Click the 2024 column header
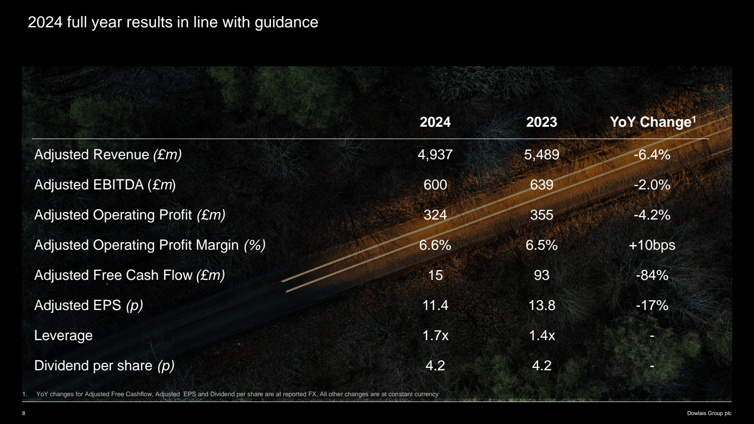point(435,122)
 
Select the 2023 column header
point(541,122)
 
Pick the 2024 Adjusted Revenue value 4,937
point(435,155)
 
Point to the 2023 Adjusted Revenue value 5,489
point(541,155)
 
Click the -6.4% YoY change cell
point(652,155)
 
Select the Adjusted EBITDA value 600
point(435,185)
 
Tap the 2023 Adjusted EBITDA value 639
point(541,185)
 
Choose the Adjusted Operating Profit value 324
point(435,215)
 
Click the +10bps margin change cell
point(652,245)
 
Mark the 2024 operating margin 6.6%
point(435,245)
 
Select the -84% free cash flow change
point(652,275)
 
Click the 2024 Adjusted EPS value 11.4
point(435,305)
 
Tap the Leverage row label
point(64,335)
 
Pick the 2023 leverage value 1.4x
point(541,335)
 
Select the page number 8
point(24,413)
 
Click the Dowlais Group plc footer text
point(709,413)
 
